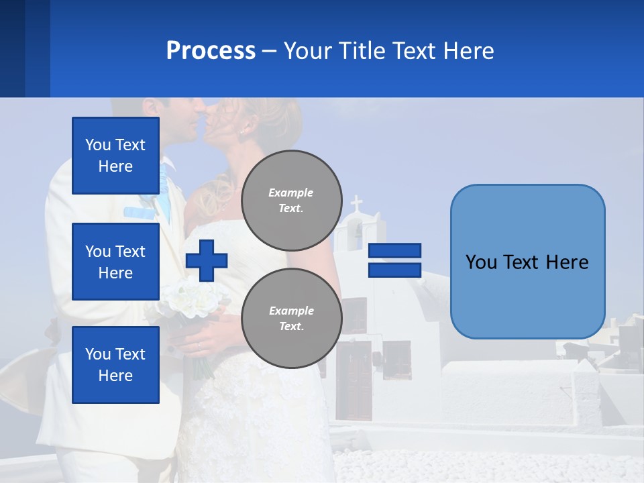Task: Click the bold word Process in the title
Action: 211,50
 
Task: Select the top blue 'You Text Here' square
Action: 115,156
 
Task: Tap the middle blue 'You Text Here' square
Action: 115,262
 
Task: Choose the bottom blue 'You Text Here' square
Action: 115,365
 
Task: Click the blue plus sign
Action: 207,260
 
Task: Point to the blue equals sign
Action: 394,260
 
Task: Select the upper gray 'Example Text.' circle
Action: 291,200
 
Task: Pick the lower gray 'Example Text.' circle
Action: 291,318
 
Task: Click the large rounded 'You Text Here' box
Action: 527,262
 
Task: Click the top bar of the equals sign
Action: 394,251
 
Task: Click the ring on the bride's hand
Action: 199,346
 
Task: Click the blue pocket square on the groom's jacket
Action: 140,213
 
